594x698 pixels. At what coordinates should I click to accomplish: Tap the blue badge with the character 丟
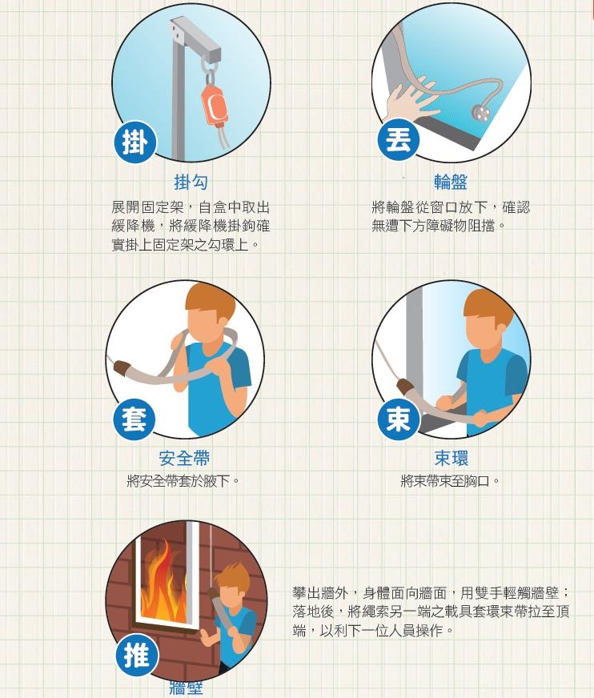[398, 139]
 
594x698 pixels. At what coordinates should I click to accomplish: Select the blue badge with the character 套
[134, 419]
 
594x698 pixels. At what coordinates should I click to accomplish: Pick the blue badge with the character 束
[398, 419]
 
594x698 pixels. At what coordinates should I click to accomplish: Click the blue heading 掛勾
[191, 183]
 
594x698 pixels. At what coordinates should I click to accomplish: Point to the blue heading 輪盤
[451, 183]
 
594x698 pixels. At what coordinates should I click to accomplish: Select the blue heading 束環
[452, 459]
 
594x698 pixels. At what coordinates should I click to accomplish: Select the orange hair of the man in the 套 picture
[210, 301]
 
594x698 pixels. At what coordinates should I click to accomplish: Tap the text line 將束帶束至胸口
[451, 481]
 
